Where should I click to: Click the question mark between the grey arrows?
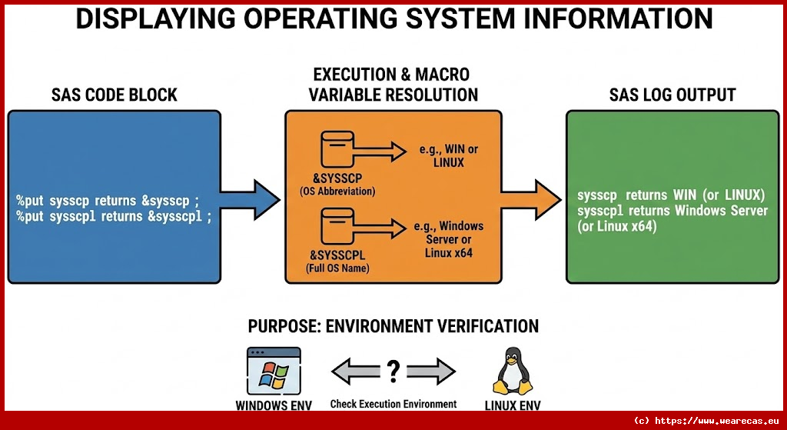[393, 372]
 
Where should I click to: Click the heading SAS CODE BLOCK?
[114, 95]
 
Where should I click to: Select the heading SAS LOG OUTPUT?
[672, 95]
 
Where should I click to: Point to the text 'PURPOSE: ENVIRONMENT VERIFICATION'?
[393, 326]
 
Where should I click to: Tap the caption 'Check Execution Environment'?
[393, 404]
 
